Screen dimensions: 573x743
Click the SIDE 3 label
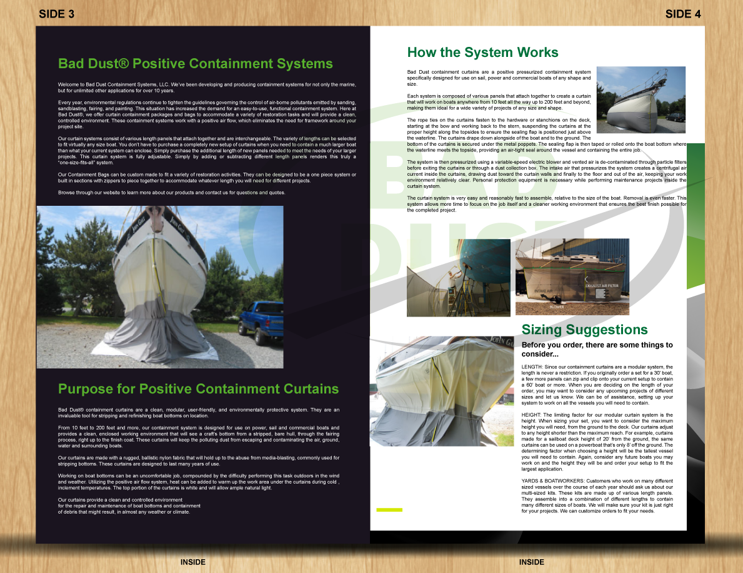pyautogui.click(x=56, y=14)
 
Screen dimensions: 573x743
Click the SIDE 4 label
pyautogui.click(x=682, y=14)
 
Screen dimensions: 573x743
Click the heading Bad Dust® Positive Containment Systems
pyautogui.click(x=195, y=63)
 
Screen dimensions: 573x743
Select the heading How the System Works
pyautogui.click(x=482, y=53)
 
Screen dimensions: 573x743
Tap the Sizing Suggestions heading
pyautogui.click(x=584, y=330)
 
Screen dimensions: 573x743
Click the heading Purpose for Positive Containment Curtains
pyautogui.click(x=198, y=388)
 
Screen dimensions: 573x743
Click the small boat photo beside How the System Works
pyautogui.click(x=641, y=99)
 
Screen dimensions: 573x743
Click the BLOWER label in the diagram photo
pyautogui.click(x=556, y=307)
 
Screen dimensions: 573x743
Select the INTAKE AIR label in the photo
pyautogui.click(x=542, y=292)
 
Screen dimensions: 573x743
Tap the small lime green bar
pyautogui.click(x=389, y=510)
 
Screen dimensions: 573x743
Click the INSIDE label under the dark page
pyautogui.click(x=192, y=562)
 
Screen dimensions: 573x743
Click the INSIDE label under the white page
pyautogui.click(x=532, y=562)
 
